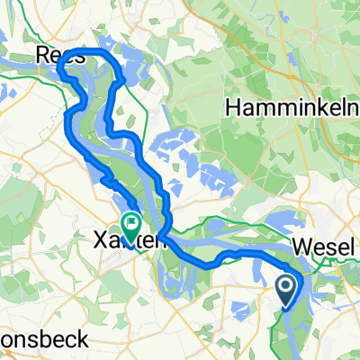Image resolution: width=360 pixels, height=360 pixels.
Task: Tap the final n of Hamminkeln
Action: (337, 107)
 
